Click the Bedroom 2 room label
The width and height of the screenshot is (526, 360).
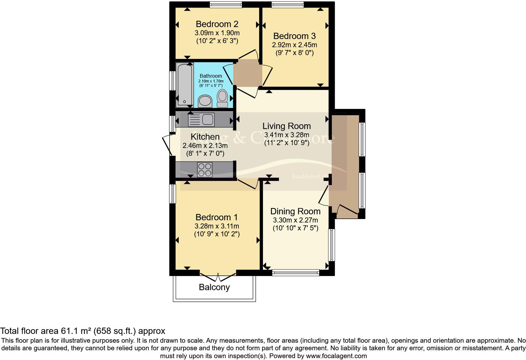click(x=217, y=24)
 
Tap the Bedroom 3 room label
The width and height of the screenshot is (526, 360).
click(x=294, y=36)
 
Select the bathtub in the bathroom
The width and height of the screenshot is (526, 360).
click(x=185, y=84)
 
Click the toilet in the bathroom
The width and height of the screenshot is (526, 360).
click(x=223, y=98)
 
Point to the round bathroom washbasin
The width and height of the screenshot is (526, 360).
click(x=205, y=101)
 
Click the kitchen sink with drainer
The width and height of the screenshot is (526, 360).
click(x=201, y=120)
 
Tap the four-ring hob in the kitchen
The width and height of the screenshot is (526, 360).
click(x=204, y=170)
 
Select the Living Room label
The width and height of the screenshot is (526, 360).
click(x=287, y=126)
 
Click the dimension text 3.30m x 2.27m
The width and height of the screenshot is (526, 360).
click(x=295, y=220)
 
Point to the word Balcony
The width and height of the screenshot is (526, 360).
click(x=214, y=287)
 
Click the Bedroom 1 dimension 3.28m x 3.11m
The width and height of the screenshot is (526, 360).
click(x=217, y=226)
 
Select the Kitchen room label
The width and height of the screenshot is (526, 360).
click(x=205, y=137)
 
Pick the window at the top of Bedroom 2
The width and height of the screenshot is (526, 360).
click(x=226, y=4)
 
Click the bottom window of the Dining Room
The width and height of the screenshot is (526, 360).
click(x=296, y=273)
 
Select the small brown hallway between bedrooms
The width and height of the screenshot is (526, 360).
click(x=248, y=73)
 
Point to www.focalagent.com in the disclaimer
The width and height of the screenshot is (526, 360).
click(x=336, y=356)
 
